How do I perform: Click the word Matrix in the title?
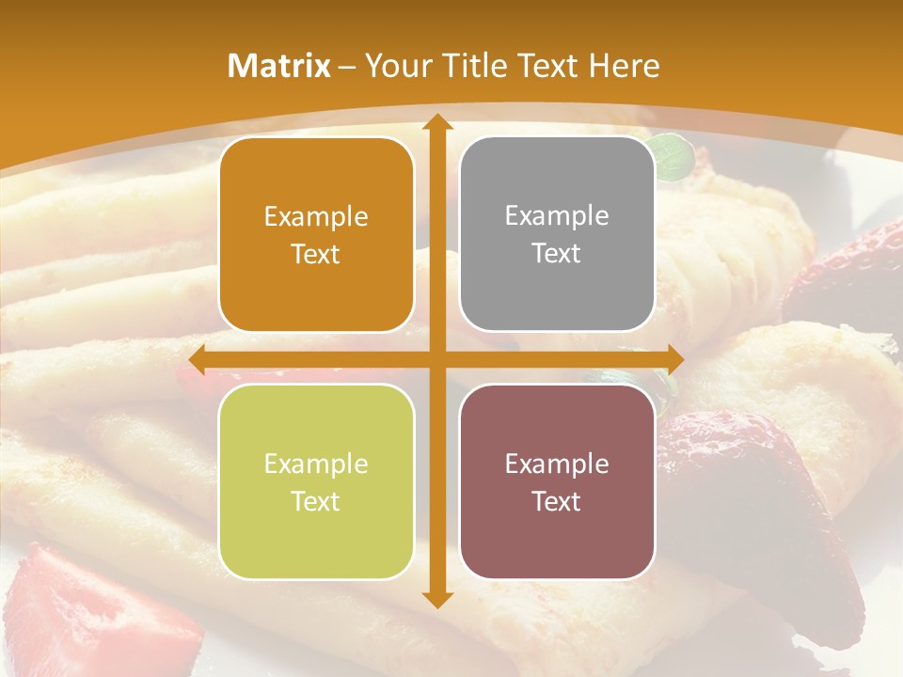coord(279,66)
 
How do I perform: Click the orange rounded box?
coord(316,234)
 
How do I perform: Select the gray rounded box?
coord(557,234)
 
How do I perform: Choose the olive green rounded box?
coord(316,481)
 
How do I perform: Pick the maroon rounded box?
coord(557,481)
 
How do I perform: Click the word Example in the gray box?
coord(557,215)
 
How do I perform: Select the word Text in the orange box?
coord(316,254)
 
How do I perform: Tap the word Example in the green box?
coord(316,464)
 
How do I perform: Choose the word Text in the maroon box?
coord(557,501)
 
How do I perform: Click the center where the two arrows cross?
coord(436,359)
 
